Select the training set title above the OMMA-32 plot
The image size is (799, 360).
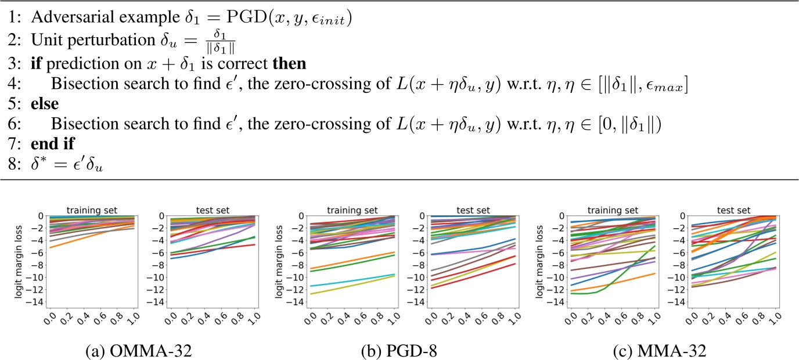[84, 209]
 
